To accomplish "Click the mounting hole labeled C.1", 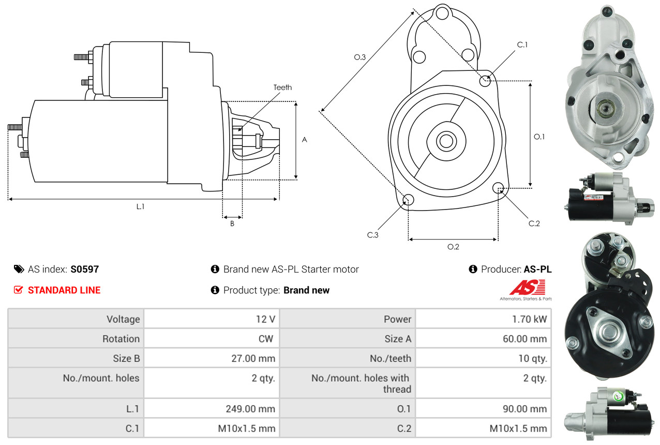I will click(485, 81).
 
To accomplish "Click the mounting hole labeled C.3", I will click(408, 200).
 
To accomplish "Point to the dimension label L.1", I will click(140, 206).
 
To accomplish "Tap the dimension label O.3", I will click(359, 57).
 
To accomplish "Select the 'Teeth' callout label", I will click(282, 87).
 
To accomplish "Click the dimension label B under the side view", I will click(232, 224).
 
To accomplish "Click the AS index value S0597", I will click(85, 269).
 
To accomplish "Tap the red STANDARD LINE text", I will click(64, 290).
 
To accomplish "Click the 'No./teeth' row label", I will click(391, 358).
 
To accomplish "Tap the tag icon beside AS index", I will click(19, 269).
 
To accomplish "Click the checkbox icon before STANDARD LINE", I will click(19, 290).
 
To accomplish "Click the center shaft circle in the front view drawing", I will click(444, 141).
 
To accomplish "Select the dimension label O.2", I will click(453, 247).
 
